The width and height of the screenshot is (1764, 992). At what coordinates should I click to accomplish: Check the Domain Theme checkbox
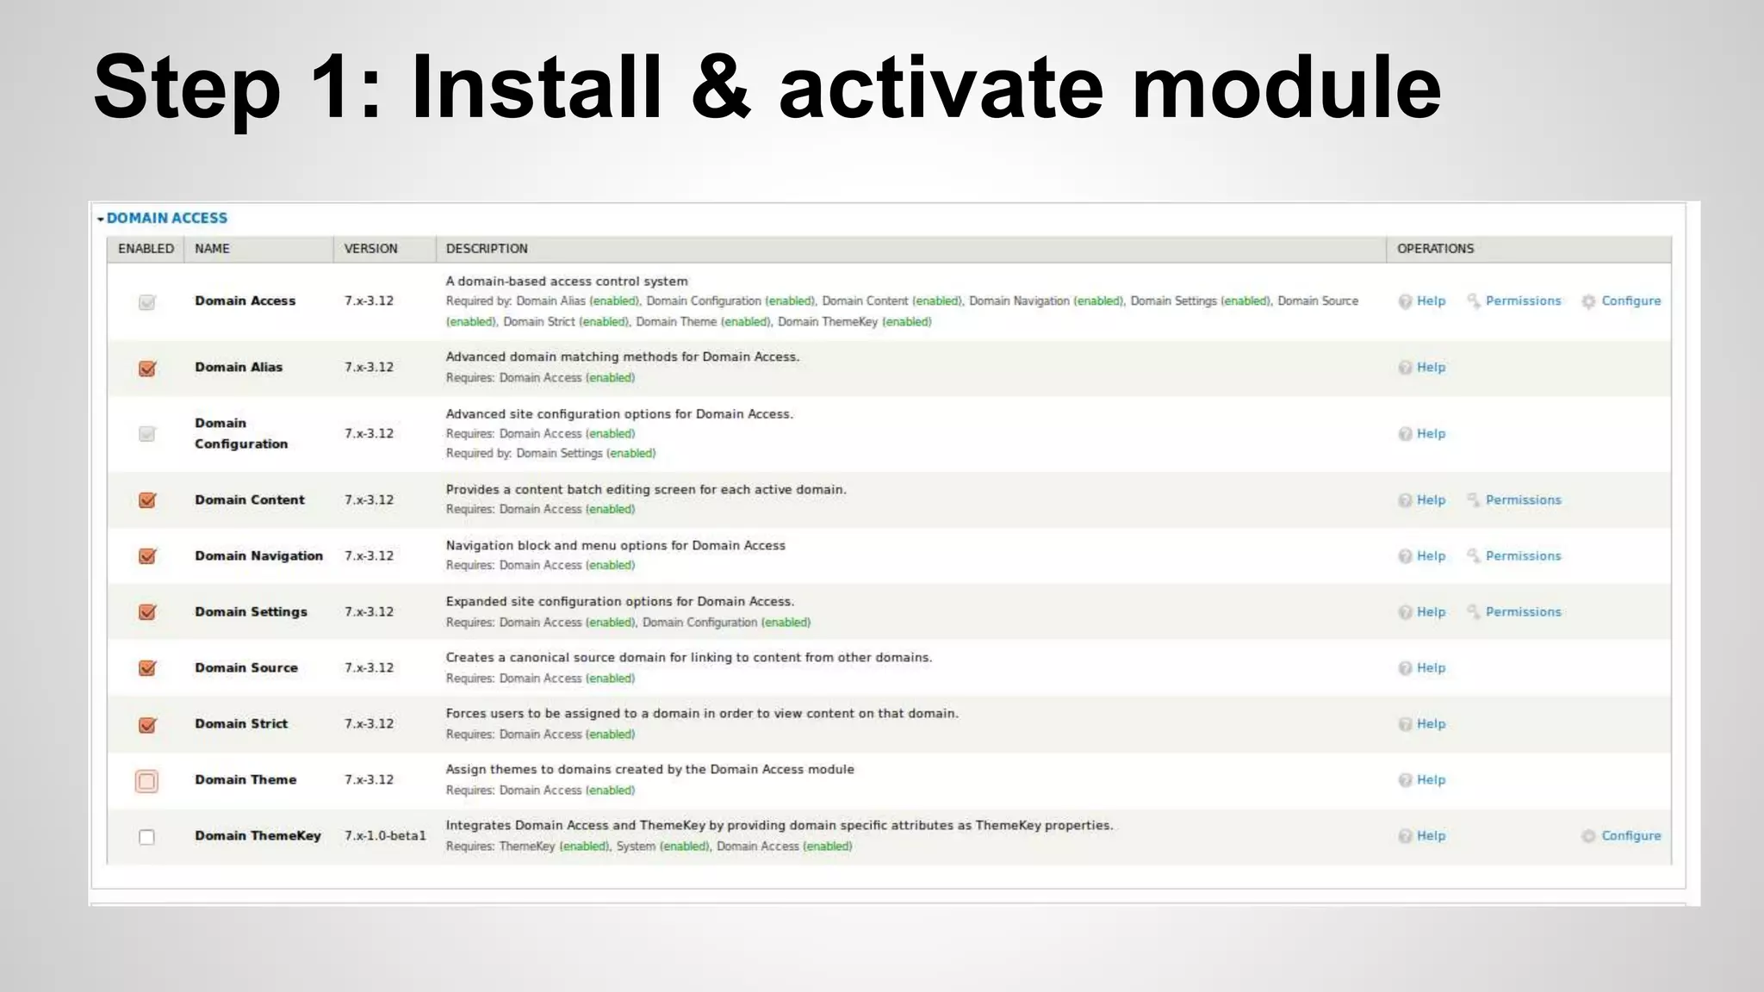[147, 781]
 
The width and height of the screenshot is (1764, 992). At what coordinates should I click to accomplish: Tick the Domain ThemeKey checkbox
[147, 837]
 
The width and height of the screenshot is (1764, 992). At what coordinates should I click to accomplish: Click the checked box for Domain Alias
[147, 369]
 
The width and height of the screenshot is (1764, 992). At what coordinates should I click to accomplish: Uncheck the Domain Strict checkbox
[147, 725]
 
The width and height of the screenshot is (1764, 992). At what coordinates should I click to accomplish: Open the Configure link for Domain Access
[1630, 301]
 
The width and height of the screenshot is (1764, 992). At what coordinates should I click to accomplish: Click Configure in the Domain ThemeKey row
[1630, 836]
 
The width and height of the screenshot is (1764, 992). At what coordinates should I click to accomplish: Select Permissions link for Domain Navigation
[1523, 556]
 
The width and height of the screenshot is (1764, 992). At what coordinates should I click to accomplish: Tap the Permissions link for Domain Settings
[1523, 612]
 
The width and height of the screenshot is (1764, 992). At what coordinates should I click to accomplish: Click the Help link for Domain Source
[1431, 668]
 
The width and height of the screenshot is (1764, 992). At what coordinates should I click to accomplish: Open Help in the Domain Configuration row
[1431, 434]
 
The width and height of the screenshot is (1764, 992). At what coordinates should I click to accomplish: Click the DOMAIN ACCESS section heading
[167, 219]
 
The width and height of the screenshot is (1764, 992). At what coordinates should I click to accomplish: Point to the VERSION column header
[370, 249]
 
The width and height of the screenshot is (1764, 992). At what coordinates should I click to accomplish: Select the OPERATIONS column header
[1435, 249]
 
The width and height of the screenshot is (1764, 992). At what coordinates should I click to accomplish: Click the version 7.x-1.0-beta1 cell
[385, 836]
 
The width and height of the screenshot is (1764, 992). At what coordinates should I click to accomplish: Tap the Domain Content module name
[250, 500]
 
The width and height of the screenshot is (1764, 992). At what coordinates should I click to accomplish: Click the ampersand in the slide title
[722, 88]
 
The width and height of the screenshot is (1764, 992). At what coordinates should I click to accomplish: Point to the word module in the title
[1286, 88]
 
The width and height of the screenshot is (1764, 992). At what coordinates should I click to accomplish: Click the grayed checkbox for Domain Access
[147, 302]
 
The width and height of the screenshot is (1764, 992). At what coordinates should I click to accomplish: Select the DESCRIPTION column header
[487, 249]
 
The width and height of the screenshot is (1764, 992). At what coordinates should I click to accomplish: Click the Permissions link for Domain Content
[1523, 500]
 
